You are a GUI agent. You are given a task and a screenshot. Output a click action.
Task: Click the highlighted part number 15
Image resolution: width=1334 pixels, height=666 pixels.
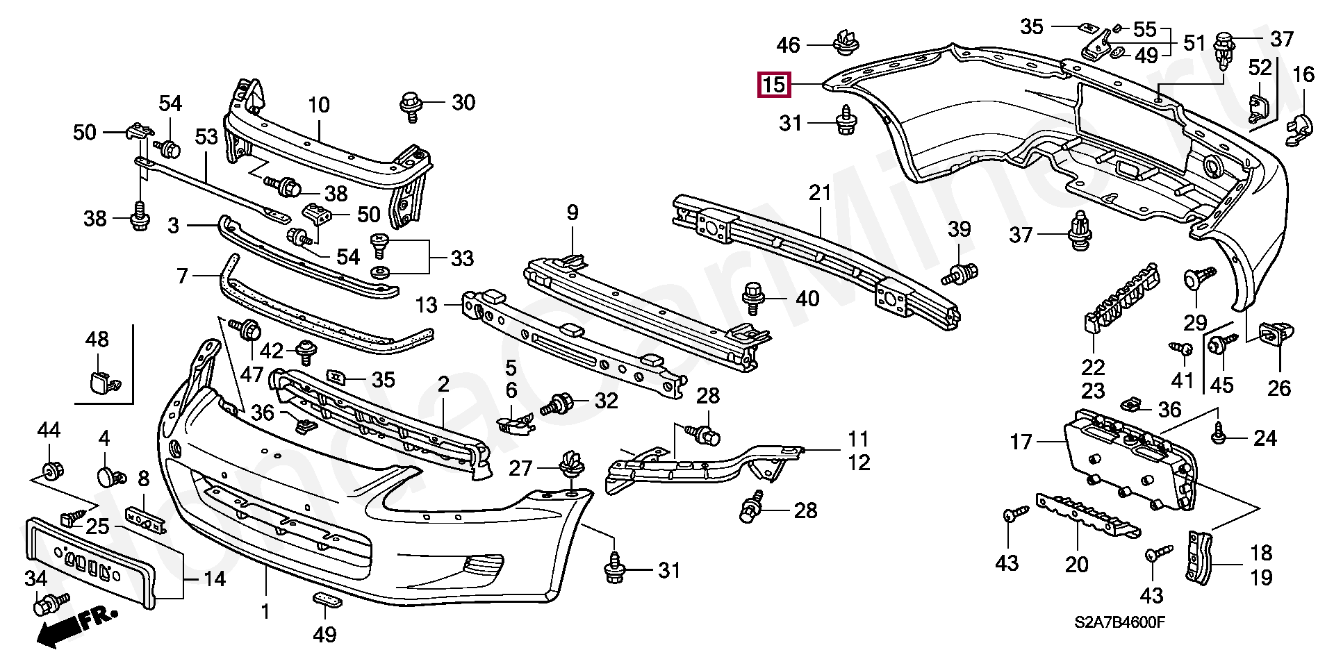coord(773,85)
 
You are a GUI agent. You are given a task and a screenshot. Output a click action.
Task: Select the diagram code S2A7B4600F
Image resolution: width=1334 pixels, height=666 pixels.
coord(1119,622)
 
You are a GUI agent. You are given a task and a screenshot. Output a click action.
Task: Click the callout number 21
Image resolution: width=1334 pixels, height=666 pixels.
coord(820,192)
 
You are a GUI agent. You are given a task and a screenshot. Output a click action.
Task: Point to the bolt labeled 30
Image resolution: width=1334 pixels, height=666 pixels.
coord(411,106)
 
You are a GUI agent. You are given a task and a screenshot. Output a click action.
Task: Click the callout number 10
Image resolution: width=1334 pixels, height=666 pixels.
coord(318,105)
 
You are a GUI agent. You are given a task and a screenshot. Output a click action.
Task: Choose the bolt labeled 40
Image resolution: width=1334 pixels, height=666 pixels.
coord(753,299)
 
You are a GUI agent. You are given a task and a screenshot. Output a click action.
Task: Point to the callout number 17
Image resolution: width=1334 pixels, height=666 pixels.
coord(1021,442)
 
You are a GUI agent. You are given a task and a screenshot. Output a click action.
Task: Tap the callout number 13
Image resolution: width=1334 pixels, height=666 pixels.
coord(426,305)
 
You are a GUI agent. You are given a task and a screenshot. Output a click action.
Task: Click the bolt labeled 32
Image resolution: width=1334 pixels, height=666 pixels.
coord(558,403)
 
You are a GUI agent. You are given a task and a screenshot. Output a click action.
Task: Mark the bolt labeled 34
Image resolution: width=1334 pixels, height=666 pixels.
coord(51,603)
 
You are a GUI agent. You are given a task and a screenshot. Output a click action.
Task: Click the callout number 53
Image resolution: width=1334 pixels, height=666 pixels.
coord(206,137)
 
